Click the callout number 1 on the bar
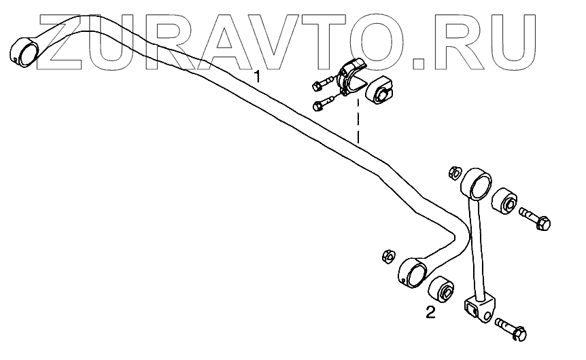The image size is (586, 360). pyautogui.click(x=257, y=75)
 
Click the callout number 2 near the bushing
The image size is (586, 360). pyautogui.click(x=430, y=312)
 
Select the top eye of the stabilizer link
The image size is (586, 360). pyautogui.click(x=477, y=184)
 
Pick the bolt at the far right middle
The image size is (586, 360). pyautogui.click(x=536, y=219)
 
